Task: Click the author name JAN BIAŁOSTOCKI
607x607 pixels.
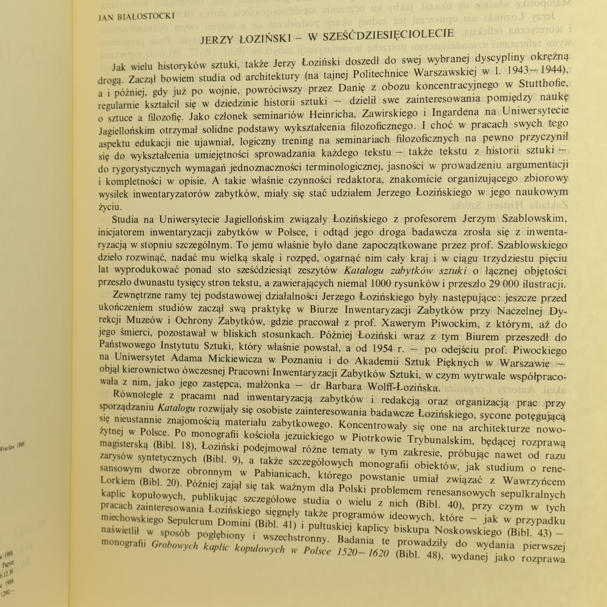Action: pyautogui.click(x=136, y=17)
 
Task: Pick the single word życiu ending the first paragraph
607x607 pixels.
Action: pyautogui.click(x=110, y=207)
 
